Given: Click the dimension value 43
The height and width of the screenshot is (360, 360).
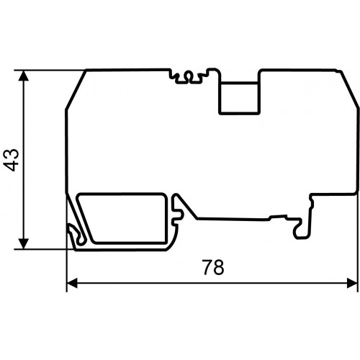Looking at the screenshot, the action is point(11,160).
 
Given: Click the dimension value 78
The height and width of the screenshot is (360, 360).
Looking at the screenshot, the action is point(213,267).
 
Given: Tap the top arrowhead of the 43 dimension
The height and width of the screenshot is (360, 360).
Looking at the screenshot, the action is point(23,76).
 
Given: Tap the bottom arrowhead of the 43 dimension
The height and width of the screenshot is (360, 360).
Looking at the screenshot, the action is point(23,244).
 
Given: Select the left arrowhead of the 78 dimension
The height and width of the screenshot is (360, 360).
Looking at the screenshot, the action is point(72,283).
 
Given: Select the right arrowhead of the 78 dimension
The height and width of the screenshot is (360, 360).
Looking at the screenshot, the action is point(352,283).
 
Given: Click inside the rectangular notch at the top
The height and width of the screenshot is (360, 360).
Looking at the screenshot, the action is point(239,97).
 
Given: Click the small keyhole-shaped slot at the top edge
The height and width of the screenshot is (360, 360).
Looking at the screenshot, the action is point(189,76).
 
